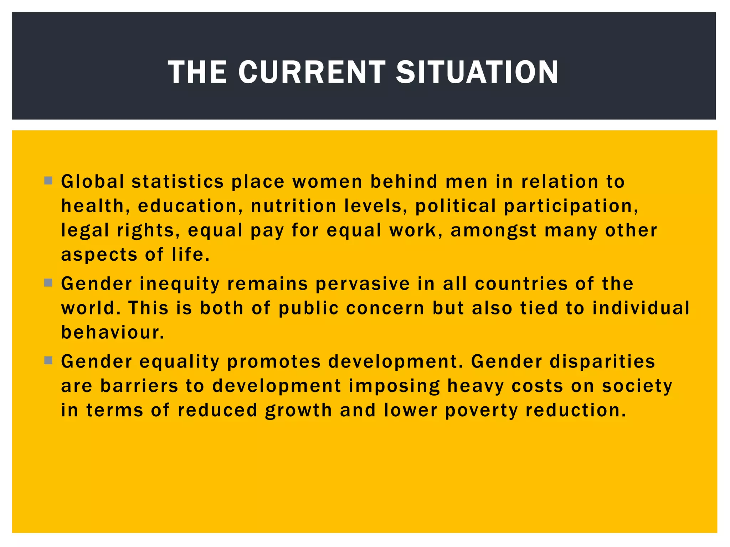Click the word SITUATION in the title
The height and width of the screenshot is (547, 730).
tap(477, 72)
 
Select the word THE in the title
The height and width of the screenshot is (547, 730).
tap(197, 72)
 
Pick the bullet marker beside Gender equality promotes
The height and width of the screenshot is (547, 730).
tap(48, 360)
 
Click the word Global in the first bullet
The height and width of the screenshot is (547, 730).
tap(93, 182)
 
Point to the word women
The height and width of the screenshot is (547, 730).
tap(327, 182)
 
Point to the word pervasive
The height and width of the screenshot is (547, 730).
tap(363, 285)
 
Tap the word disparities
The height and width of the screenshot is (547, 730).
tap(602, 362)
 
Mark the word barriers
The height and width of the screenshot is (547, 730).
tap(139, 386)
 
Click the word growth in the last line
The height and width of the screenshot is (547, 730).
tap(298, 411)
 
